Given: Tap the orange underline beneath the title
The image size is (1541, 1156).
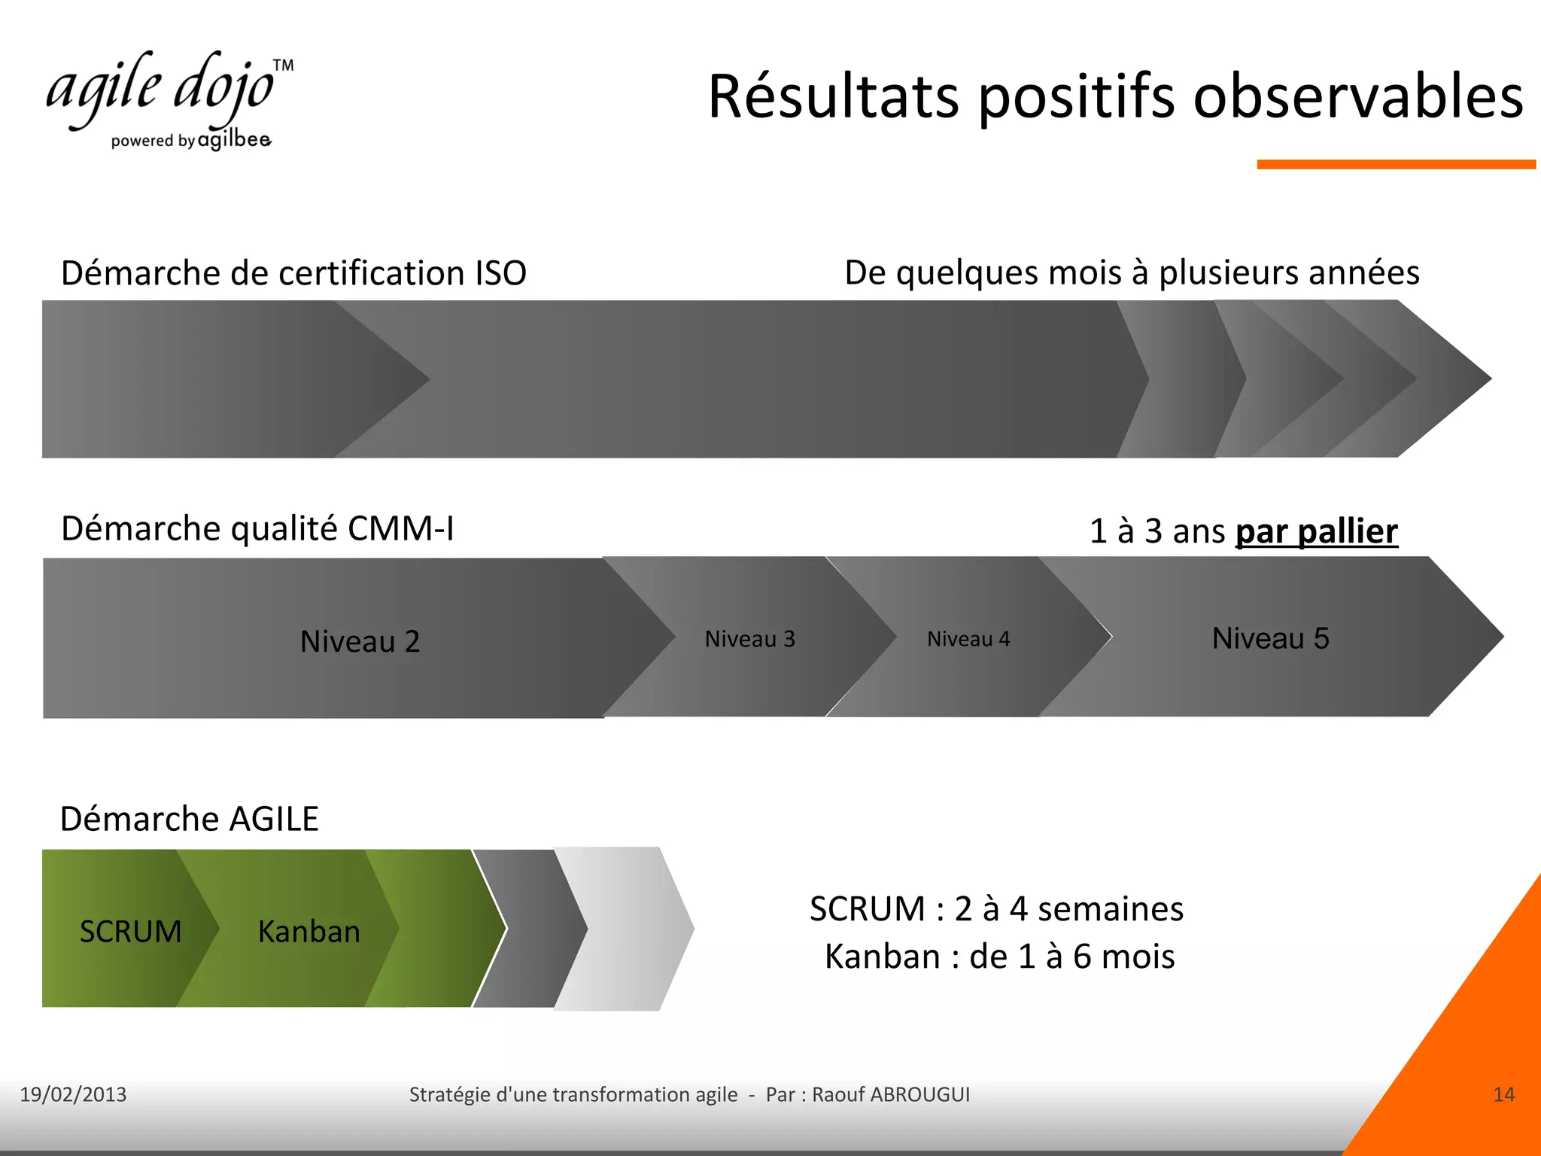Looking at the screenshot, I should pos(1395,164).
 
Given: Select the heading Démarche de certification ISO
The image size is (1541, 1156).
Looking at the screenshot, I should pos(293,272).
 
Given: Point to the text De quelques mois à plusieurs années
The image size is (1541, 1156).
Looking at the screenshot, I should pos(1132,272).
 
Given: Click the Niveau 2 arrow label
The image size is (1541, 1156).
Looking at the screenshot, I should pos(360,641).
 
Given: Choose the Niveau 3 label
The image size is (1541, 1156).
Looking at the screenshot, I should pos(749,639).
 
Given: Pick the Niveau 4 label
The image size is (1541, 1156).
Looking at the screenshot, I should pos(968,639).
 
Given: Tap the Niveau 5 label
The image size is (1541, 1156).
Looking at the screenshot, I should pos(1270,638).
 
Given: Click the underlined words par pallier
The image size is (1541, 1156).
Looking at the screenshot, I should pos(1316,531).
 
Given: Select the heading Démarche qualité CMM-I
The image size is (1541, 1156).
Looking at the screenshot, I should pos(257,528).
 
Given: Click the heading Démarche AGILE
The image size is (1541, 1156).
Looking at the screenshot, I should pos(189,819).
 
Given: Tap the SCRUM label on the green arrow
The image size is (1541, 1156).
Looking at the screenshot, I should pos(130,932).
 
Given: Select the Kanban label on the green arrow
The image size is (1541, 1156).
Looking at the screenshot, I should pos(309,932).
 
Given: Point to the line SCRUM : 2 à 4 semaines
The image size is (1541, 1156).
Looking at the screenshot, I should pos(996,909).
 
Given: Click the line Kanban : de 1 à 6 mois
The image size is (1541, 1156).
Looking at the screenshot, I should pos(999,957).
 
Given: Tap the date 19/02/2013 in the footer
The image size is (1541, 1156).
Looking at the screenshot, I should pos(73,1094).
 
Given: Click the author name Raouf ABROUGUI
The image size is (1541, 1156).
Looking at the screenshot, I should pos(891,1094).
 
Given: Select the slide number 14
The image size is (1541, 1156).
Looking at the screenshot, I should pos(1503,1094).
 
